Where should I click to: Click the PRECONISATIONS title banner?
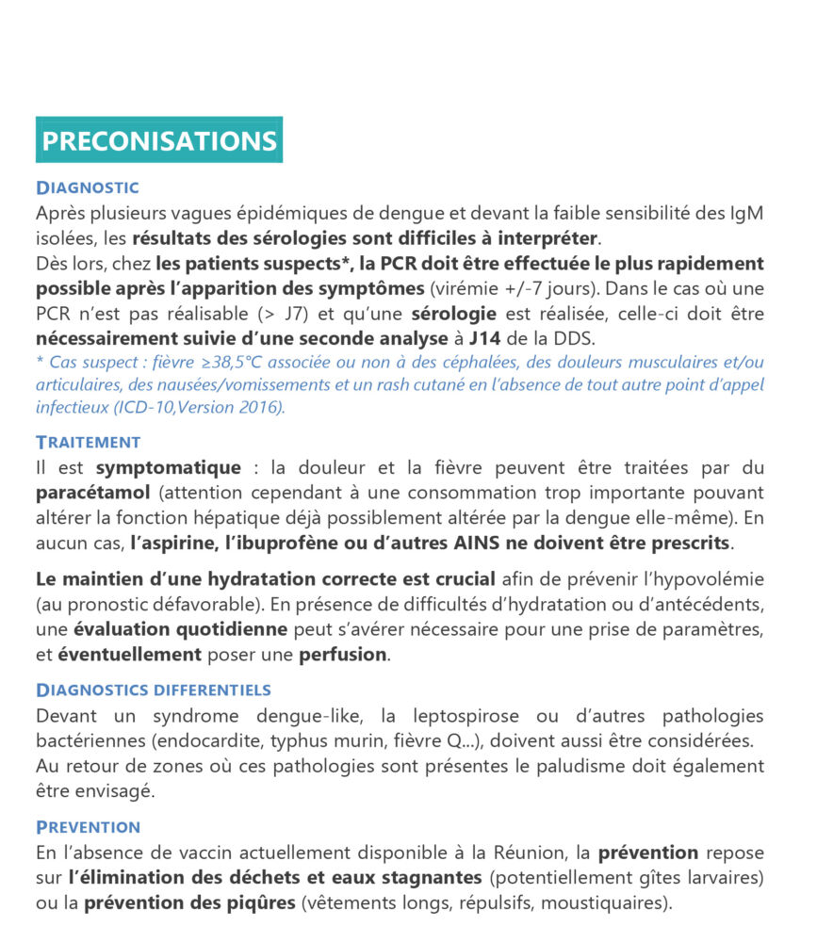(x=159, y=140)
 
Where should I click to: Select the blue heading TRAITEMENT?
(x=88, y=442)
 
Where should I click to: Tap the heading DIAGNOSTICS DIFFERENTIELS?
(x=153, y=690)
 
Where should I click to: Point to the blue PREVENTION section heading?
(x=88, y=827)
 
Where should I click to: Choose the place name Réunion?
(x=529, y=853)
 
